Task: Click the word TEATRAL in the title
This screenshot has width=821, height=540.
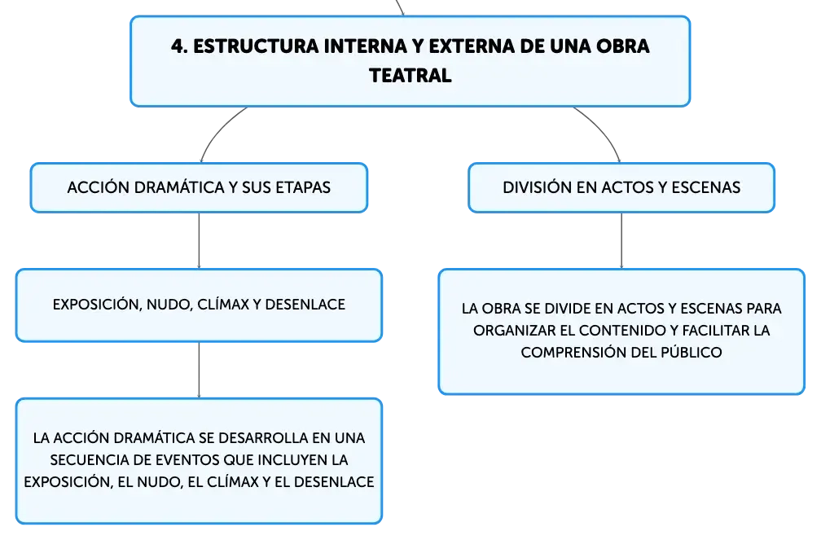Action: [x=410, y=76]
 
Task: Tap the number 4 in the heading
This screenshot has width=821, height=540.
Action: [x=178, y=46]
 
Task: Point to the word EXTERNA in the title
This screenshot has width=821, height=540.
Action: [x=471, y=46]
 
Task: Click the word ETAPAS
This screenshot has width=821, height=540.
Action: [x=303, y=187]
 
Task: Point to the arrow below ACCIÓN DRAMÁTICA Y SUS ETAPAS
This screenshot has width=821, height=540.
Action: [x=199, y=241]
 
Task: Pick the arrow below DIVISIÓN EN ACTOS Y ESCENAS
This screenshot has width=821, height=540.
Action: [x=621, y=241]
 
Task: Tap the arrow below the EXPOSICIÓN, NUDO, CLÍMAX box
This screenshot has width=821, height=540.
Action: [x=199, y=371]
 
